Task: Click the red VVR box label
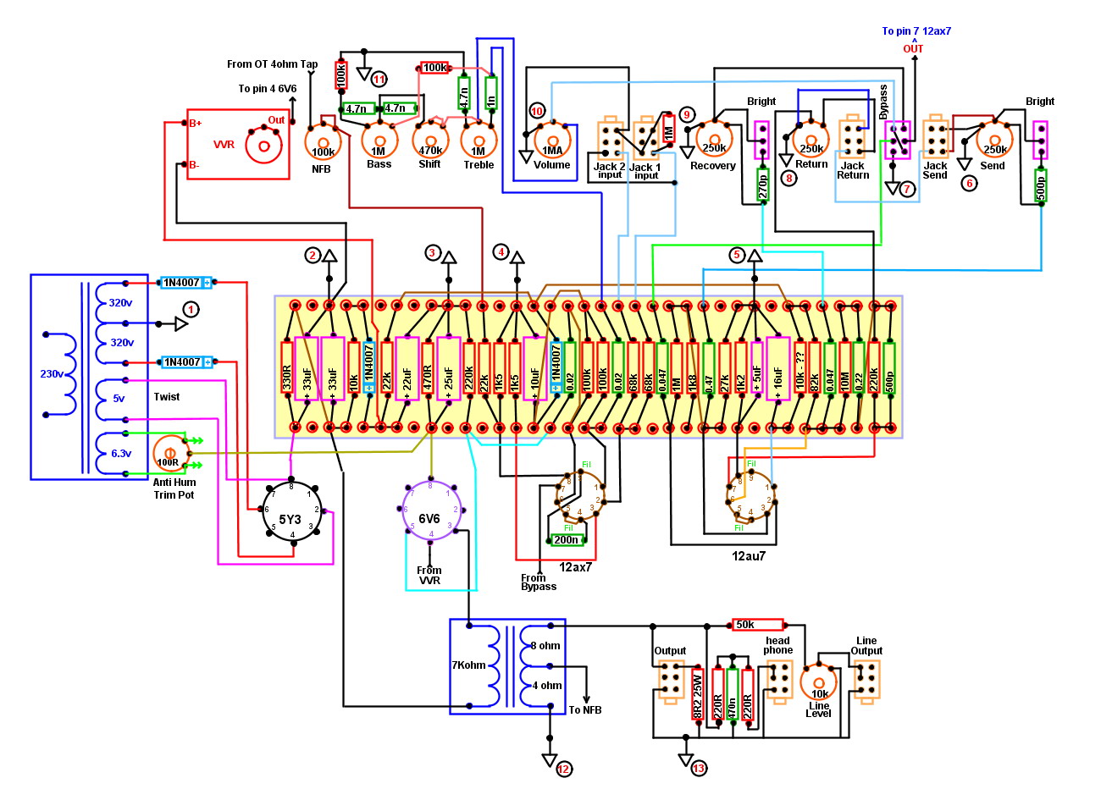tap(224, 145)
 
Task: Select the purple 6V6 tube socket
tap(429, 512)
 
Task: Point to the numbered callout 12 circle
tap(564, 769)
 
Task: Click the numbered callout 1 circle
tap(191, 310)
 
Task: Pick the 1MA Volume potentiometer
tap(552, 144)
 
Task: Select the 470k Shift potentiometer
tap(430, 142)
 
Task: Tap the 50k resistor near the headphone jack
tap(757, 625)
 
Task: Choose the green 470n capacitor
tap(733, 694)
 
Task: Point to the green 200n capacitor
tap(567, 540)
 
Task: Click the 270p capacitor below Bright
tap(762, 185)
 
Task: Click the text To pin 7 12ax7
tap(916, 31)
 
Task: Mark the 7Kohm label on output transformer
tap(468, 665)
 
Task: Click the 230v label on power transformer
tap(52, 373)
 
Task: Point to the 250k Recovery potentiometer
tap(713, 140)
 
